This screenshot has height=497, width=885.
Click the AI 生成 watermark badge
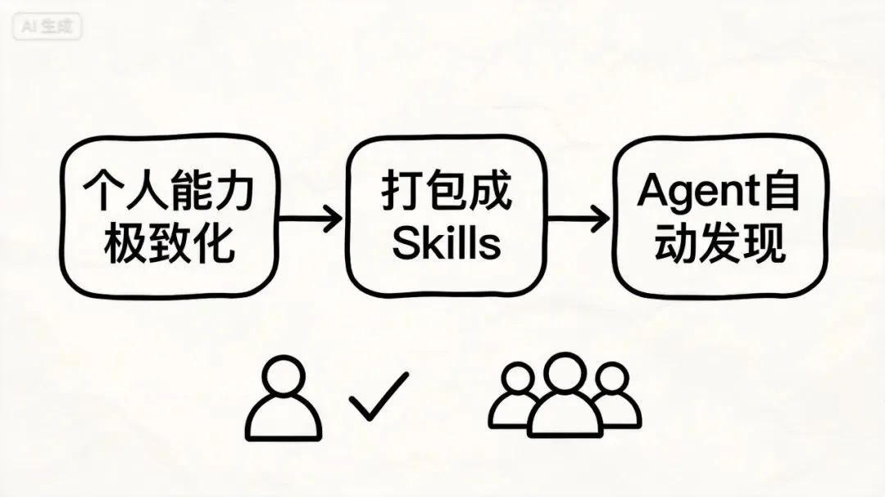[x=47, y=27]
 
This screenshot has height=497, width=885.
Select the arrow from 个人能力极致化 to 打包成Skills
[x=310, y=219]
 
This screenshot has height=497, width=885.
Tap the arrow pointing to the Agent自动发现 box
[x=578, y=219]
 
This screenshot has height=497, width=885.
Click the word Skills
[x=447, y=243]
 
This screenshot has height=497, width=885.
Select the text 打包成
[x=447, y=192]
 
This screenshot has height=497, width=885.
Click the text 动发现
[x=720, y=243]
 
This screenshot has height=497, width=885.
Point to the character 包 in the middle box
[x=447, y=192]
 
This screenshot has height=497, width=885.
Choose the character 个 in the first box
[x=105, y=193]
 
